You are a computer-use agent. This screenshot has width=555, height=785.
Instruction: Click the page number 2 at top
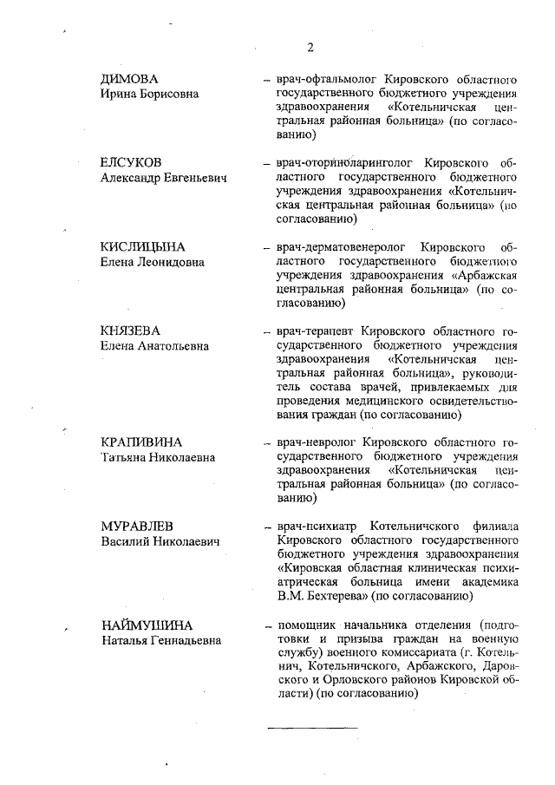click(309, 46)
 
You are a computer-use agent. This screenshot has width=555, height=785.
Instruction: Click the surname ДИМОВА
click(129, 79)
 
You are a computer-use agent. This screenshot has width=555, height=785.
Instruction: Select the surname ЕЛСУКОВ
click(131, 162)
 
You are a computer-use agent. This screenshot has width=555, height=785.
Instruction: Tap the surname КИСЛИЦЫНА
click(143, 247)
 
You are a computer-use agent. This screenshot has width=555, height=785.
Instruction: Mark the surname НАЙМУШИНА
click(146, 625)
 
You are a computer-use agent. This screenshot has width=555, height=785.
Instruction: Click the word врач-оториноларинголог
click(339, 162)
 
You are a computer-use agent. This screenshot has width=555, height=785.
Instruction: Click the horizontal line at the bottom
click(311, 726)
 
